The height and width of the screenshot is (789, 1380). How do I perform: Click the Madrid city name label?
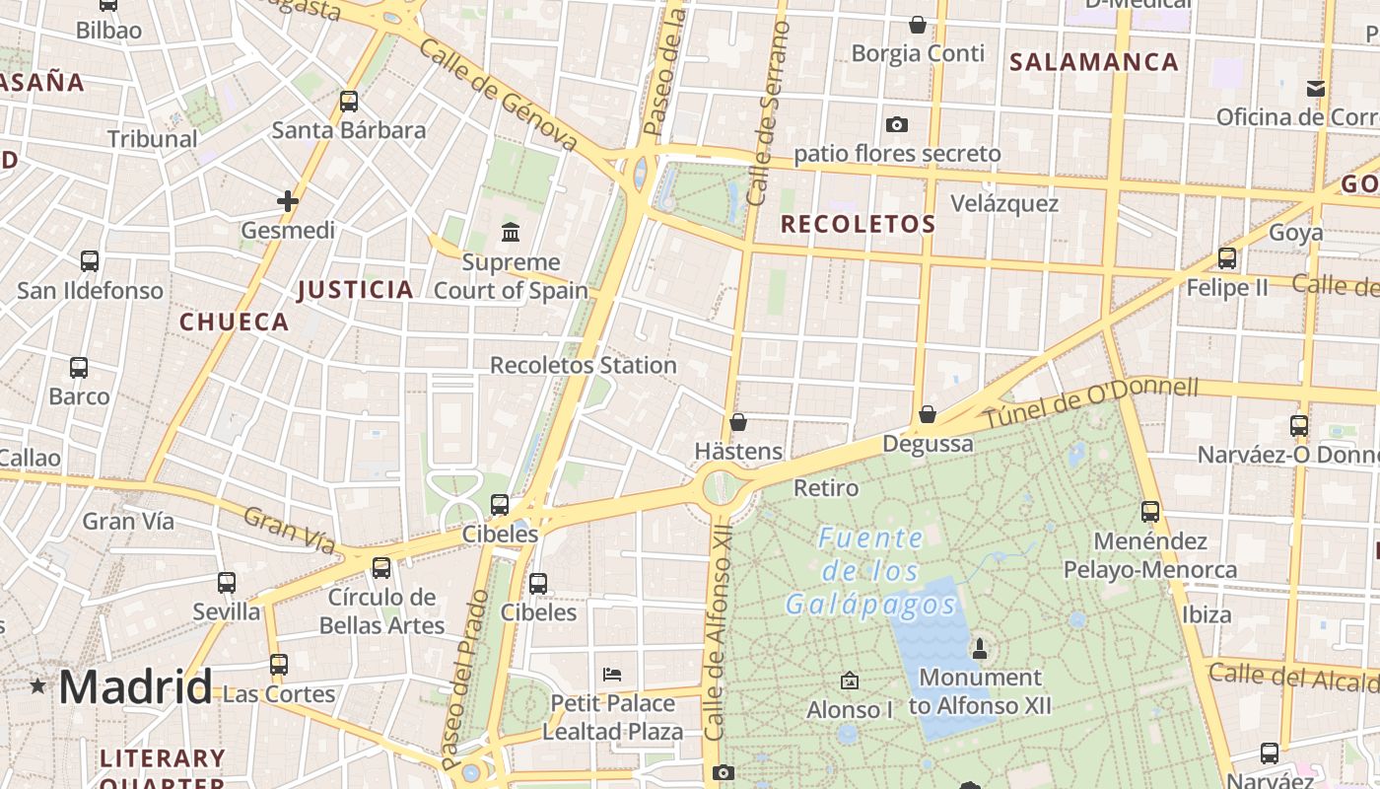tap(135, 686)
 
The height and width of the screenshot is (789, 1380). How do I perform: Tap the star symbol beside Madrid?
tap(38, 685)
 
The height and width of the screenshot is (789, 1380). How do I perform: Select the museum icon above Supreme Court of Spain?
tap(511, 233)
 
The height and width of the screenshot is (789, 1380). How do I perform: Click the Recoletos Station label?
tap(583, 365)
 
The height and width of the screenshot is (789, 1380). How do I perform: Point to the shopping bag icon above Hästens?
tap(738, 422)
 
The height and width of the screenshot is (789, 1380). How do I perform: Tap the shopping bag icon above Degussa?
tap(927, 414)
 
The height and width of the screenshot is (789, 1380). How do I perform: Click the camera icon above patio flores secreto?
tap(896, 124)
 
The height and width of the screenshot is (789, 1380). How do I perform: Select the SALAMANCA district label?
tap(1094, 62)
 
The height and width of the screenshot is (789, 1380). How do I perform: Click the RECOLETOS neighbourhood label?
tap(858, 224)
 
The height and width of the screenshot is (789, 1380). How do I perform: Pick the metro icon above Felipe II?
tap(1227, 258)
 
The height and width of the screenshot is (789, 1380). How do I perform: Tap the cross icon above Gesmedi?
tap(288, 201)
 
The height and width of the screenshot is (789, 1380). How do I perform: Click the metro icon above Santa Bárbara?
tap(349, 101)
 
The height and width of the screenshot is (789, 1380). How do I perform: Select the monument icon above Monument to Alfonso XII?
tap(979, 648)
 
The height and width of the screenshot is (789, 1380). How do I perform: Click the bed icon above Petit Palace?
tap(612, 675)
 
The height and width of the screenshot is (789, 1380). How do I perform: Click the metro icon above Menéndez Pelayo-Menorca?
tap(1150, 512)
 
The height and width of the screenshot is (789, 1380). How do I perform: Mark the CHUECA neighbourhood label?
tap(235, 322)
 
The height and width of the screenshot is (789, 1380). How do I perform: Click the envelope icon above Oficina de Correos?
tap(1315, 89)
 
